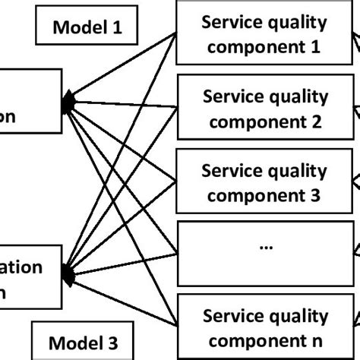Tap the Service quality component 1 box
(x=265, y=34)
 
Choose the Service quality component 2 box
(x=265, y=109)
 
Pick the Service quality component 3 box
(x=265, y=183)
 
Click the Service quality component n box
(x=265, y=328)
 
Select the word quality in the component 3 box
(x=297, y=170)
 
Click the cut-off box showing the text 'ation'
(x=30, y=278)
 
